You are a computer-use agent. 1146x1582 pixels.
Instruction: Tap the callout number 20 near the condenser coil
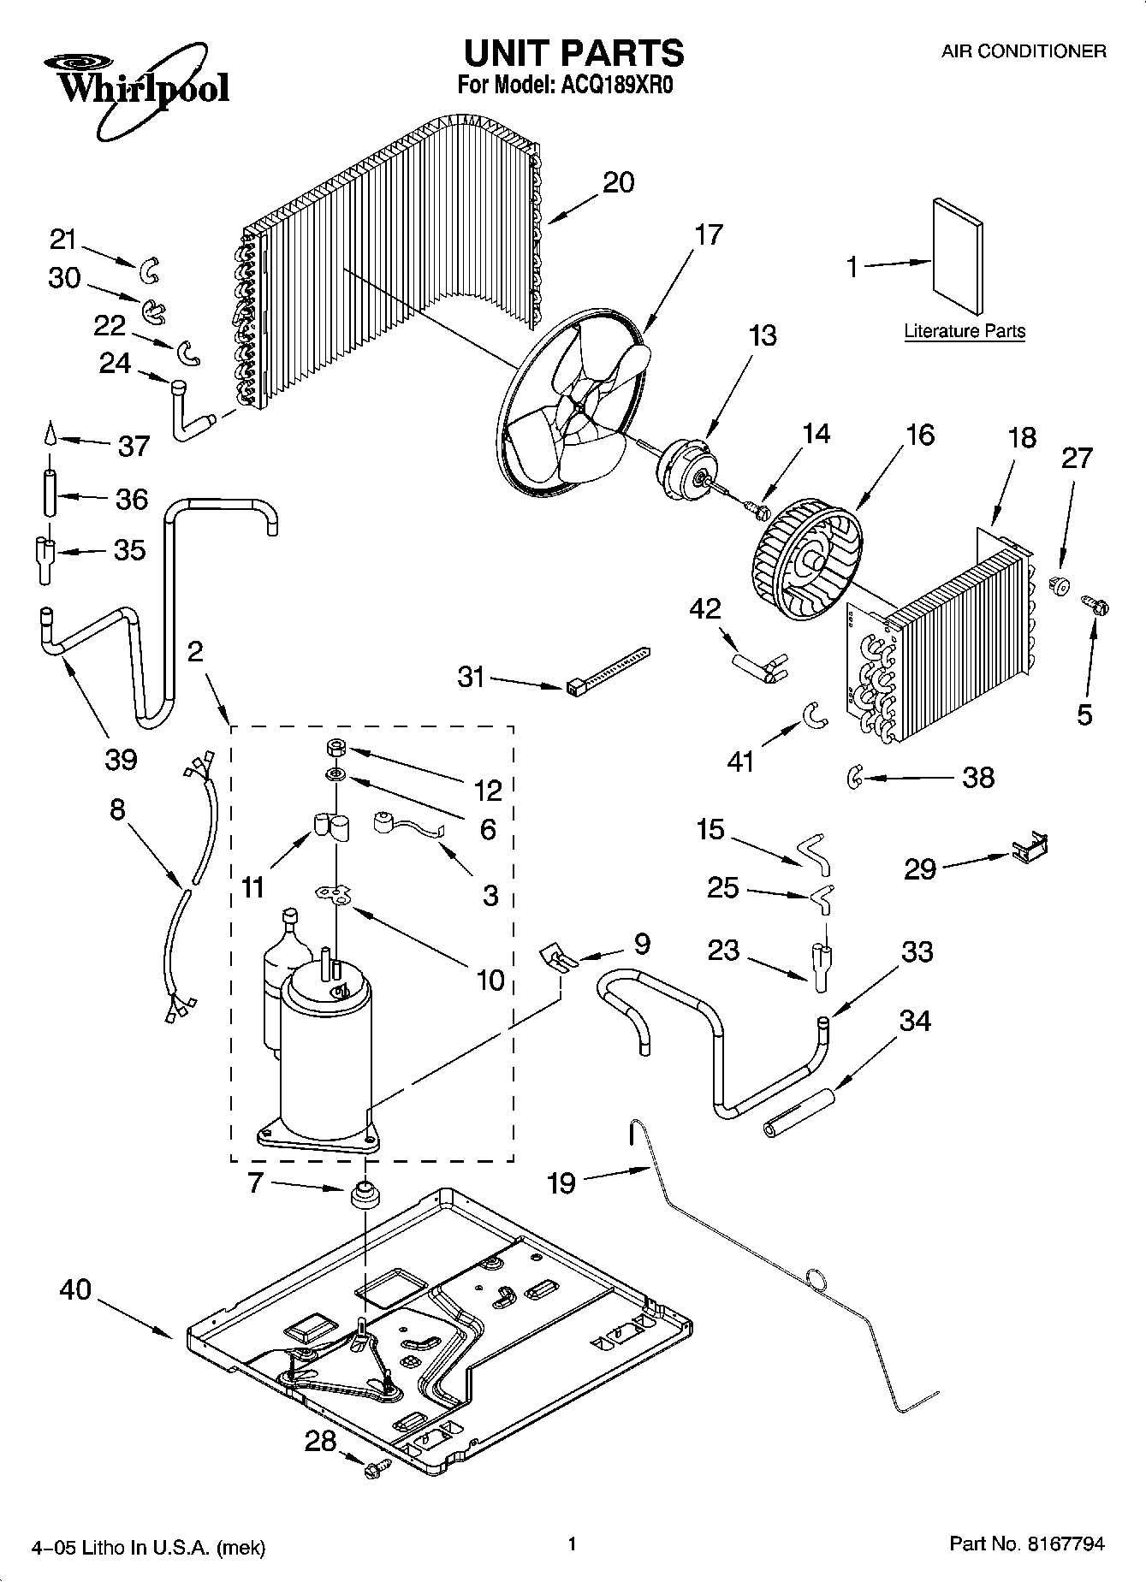[618, 182]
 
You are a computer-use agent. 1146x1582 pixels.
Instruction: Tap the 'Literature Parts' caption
[965, 331]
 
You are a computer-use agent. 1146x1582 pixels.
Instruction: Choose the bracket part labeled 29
[1030, 847]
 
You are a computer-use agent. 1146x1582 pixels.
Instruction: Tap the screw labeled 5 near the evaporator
[1096, 607]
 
